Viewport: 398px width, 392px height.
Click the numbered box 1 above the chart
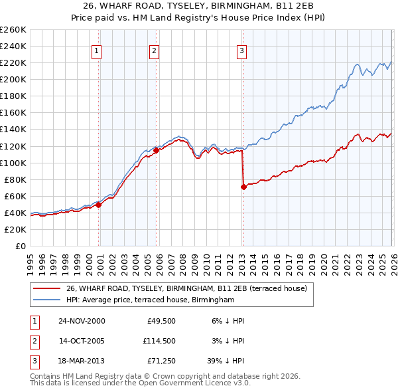96,50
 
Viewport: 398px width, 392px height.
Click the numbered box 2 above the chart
154,50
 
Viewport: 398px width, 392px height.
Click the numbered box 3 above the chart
241,50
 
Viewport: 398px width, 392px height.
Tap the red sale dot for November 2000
99,205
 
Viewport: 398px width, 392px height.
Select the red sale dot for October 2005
156,150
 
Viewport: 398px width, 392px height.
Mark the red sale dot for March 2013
243,187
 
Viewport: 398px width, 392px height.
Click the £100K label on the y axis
13,163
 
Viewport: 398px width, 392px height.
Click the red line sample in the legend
46,289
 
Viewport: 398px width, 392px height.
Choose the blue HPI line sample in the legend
46,300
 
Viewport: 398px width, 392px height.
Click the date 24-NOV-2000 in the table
82,321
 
